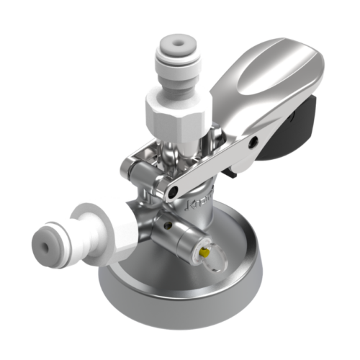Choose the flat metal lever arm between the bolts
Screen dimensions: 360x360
pyautogui.click(x=212, y=166)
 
